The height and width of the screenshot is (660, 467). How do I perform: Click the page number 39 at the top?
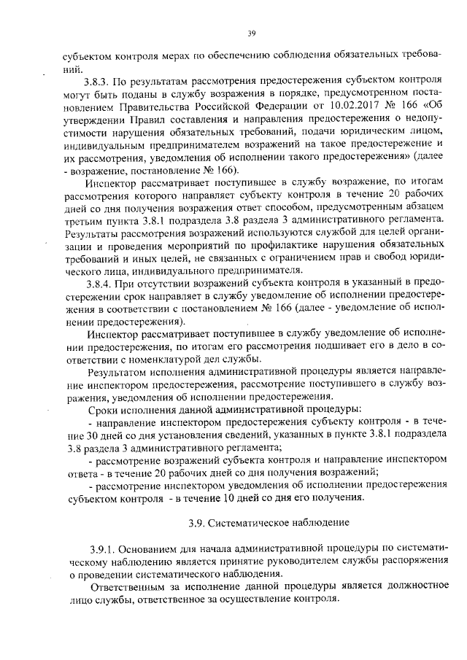coord(250,32)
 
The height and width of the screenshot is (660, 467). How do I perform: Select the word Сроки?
coord(102,411)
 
